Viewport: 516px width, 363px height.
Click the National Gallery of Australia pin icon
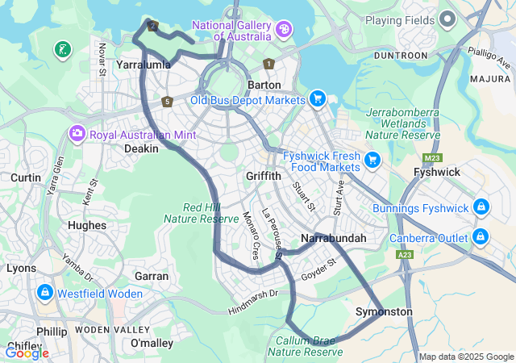[x=284, y=30]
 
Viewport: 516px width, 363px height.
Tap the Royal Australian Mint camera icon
[x=77, y=133]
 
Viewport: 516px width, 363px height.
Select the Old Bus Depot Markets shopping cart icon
[x=318, y=99]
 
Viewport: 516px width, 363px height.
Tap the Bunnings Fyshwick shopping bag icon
[x=481, y=208]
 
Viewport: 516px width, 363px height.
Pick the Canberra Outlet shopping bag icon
[x=481, y=237]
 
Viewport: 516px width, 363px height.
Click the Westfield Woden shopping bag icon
[x=44, y=293]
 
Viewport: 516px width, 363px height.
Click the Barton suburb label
[x=264, y=85]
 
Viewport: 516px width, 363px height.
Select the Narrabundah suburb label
[x=333, y=238]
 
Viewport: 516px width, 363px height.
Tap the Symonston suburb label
[x=384, y=311]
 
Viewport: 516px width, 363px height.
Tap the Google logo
[x=27, y=353]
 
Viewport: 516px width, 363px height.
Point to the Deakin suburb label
[x=140, y=148]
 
